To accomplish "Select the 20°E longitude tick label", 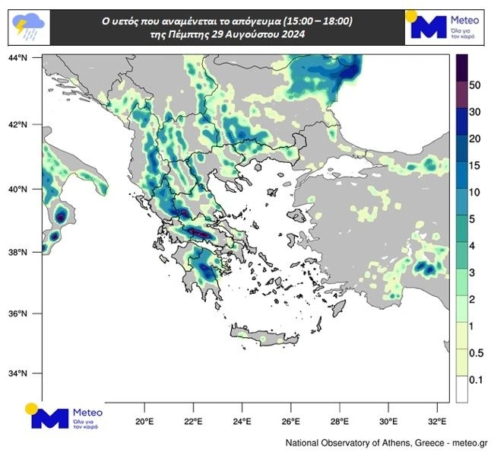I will point(144,419).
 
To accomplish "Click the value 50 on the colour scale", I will point(475,85).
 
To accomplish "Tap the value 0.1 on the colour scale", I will point(477,379).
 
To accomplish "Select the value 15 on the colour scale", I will point(475,165).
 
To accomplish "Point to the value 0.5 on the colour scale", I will point(477,352).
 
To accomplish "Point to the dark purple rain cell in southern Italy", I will point(60,216).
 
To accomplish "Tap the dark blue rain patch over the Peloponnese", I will point(205,271).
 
